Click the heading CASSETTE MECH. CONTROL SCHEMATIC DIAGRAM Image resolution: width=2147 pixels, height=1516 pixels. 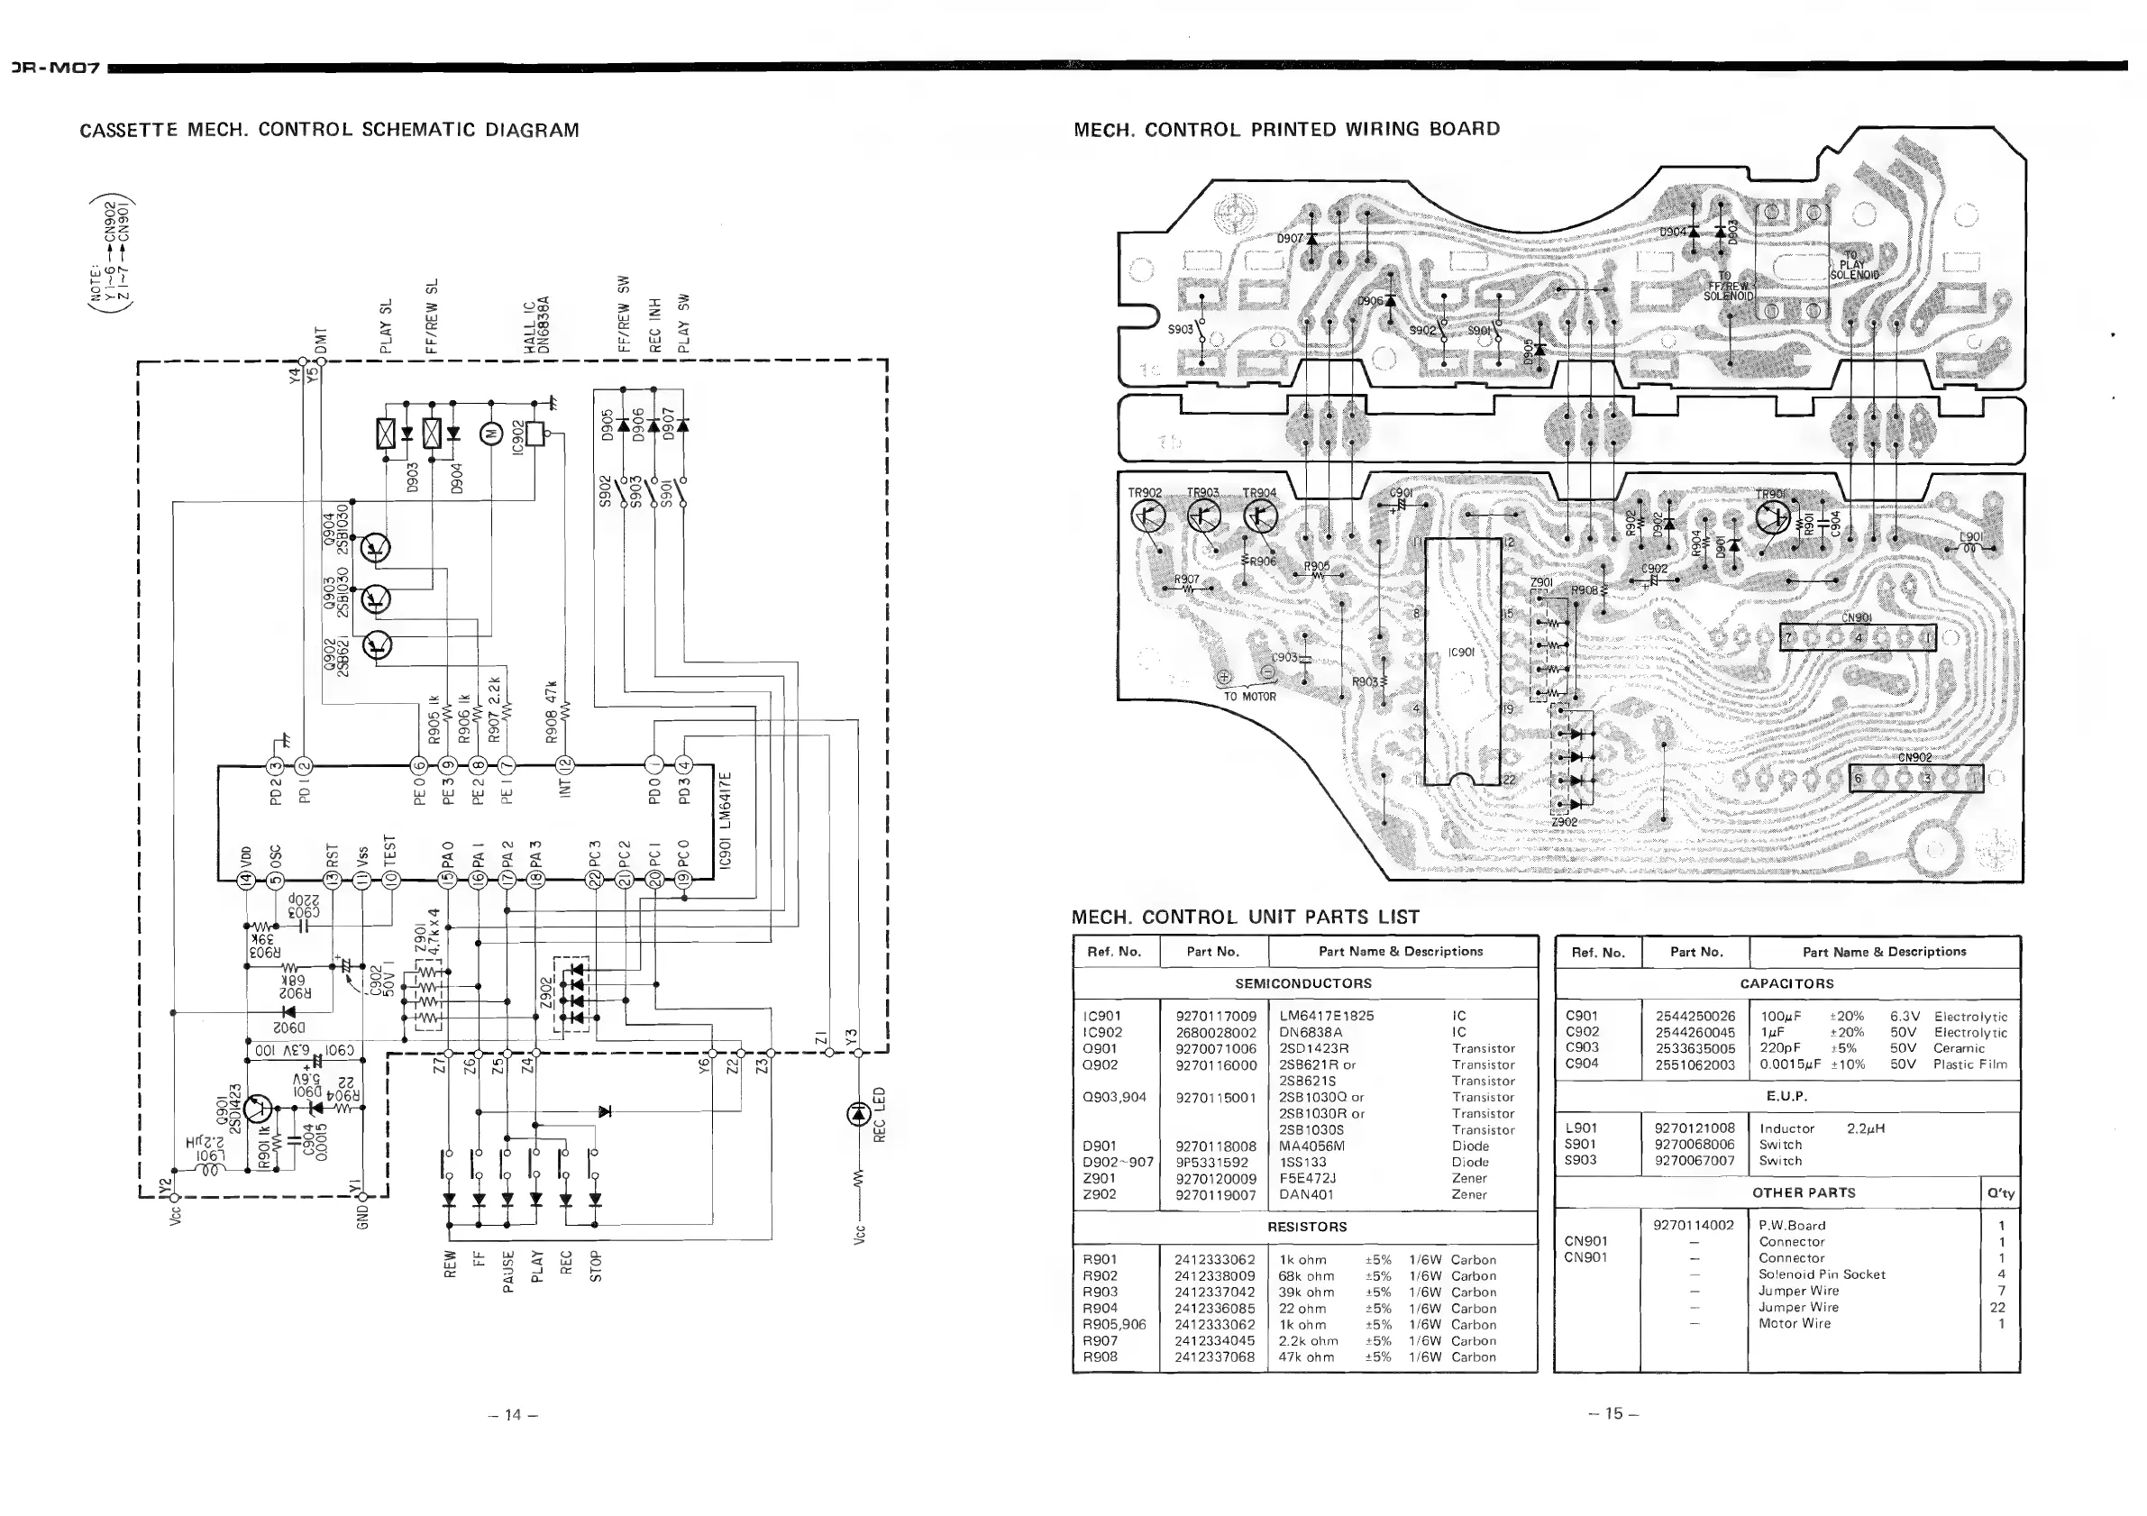(x=329, y=130)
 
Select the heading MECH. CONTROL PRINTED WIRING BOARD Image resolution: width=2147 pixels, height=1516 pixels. (x=1287, y=129)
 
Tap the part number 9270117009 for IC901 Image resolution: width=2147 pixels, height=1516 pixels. (x=1216, y=1016)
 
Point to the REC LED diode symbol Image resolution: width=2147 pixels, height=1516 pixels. (x=857, y=1114)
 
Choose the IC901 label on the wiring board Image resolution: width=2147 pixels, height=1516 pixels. (x=1462, y=652)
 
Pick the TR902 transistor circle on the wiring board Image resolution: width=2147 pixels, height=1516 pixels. (x=1147, y=516)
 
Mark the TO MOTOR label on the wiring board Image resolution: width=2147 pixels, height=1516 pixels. (x=1249, y=696)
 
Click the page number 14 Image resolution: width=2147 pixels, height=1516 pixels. (x=513, y=1414)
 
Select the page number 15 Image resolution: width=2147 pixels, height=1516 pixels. (x=1614, y=1413)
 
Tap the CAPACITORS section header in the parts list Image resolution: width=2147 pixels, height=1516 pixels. (x=1786, y=984)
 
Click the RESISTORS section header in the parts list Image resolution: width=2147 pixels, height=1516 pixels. (x=1306, y=1226)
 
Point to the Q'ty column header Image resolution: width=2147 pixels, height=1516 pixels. (x=2001, y=1193)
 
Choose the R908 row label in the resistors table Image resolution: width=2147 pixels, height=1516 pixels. (x=1100, y=1356)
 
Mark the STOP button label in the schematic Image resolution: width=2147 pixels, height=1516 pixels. (x=596, y=1265)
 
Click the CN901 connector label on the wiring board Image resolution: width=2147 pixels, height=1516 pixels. (x=1856, y=617)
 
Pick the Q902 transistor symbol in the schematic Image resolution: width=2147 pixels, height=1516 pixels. (x=378, y=645)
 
